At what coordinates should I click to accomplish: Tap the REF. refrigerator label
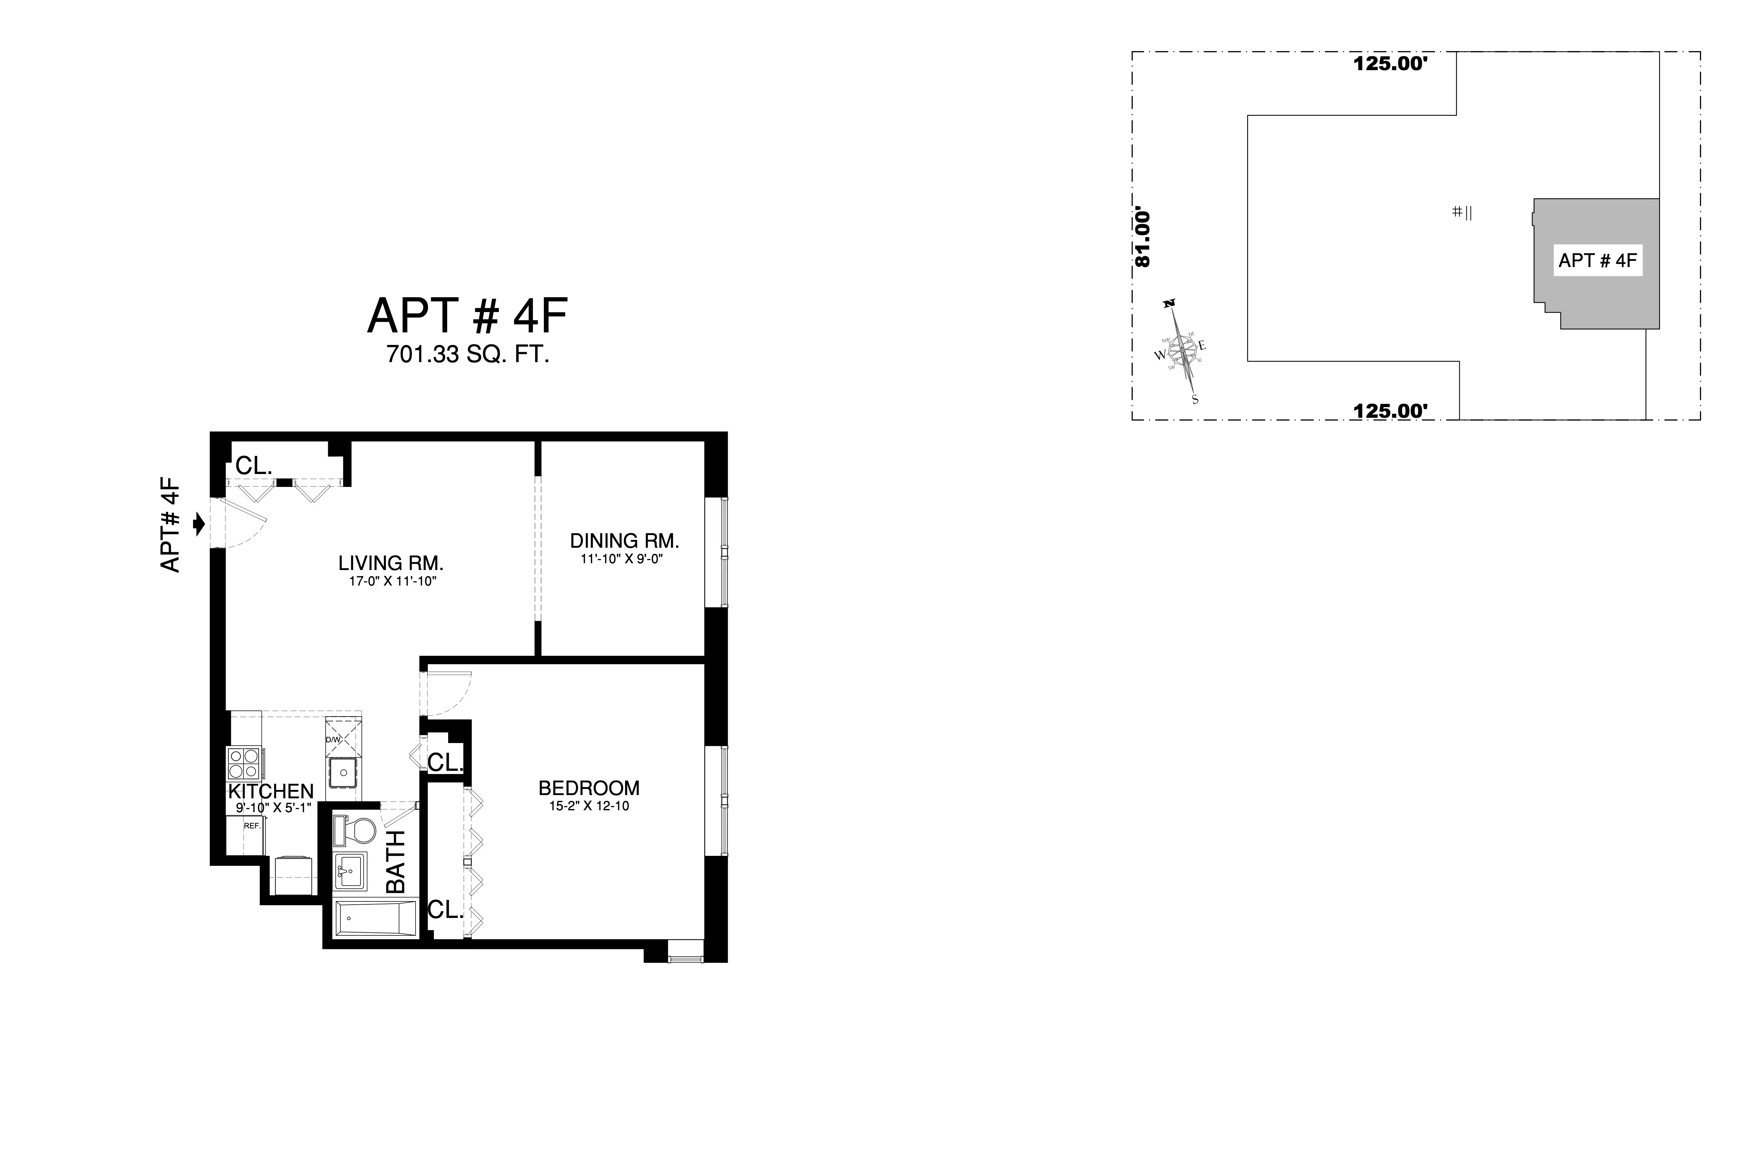(x=253, y=825)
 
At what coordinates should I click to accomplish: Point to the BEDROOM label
(x=589, y=788)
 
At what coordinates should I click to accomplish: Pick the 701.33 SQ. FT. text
(x=467, y=356)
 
